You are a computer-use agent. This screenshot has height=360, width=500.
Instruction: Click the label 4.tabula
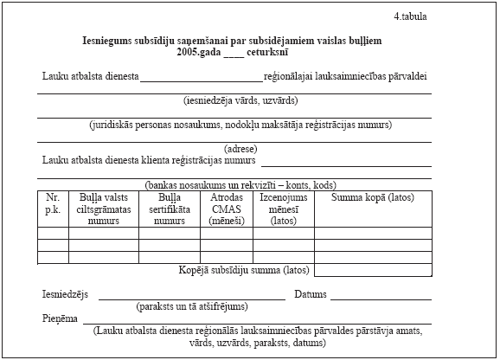[x=411, y=16]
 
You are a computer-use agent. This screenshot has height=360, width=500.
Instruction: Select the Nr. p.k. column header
[x=53, y=202]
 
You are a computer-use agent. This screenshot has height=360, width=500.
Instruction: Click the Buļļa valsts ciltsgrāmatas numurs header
[x=103, y=209]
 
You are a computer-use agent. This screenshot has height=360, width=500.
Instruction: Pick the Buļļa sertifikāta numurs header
[x=169, y=209]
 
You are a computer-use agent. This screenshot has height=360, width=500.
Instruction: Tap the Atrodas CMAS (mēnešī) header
[x=226, y=209]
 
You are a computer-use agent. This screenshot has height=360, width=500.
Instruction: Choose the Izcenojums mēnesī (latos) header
[x=283, y=209]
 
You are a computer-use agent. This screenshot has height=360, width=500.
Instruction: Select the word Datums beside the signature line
[x=311, y=294]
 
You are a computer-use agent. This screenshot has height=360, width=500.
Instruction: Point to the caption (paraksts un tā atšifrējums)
[x=191, y=306]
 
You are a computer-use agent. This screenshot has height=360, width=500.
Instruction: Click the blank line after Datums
[x=381, y=298]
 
